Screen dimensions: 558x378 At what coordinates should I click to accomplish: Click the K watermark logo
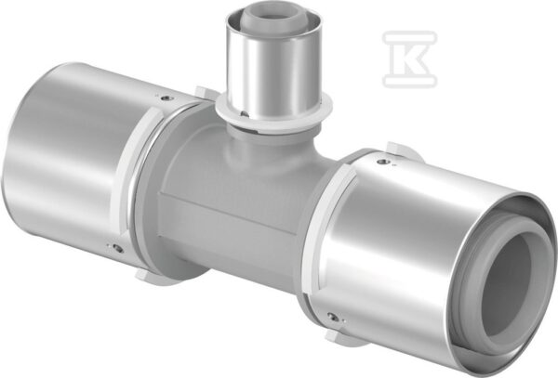(409, 59)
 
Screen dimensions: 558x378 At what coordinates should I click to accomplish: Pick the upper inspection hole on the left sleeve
(165, 98)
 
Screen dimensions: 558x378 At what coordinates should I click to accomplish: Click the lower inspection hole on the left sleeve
(117, 248)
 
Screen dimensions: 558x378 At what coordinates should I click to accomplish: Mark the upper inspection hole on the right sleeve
(382, 162)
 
